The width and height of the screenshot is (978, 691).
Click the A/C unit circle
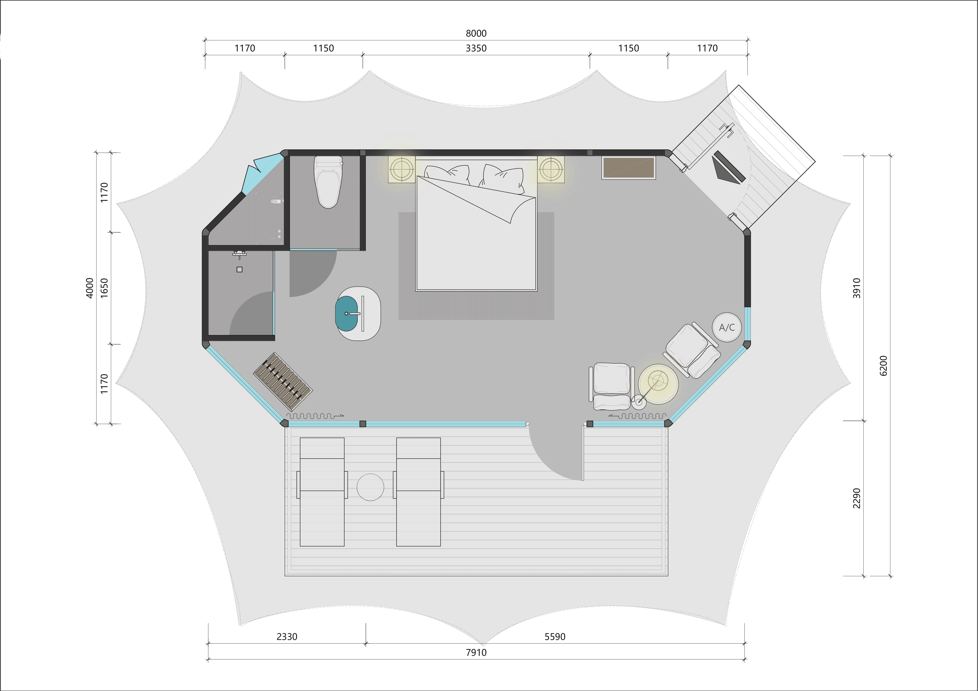(727, 327)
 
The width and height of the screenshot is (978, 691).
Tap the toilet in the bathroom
(328, 182)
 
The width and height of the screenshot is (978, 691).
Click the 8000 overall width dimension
(476, 33)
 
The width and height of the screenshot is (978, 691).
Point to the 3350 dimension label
(476, 48)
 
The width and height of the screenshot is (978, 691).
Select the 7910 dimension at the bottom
(476, 652)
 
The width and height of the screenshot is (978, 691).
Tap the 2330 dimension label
(287, 636)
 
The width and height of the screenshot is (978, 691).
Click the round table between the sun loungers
(370, 487)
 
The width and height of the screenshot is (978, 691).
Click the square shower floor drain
(239, 269)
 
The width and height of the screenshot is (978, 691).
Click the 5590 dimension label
(555, 636)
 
